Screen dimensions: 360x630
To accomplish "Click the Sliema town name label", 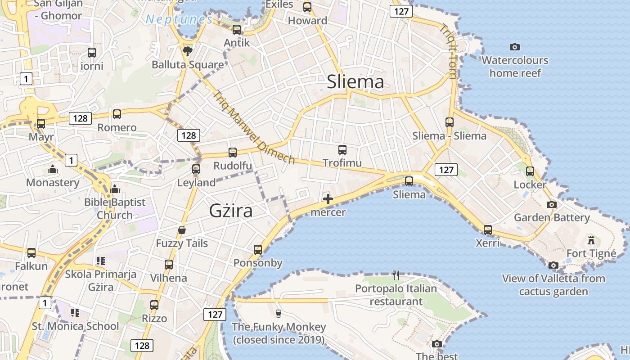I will [x=355, y=82].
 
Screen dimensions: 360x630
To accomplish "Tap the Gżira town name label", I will [x=231, y=211].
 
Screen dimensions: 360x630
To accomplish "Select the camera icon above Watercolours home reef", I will [x=515, y=47].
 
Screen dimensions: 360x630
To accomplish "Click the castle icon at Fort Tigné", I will [x=591, y=239].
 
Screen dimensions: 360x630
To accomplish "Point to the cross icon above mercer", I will [x=328, y=199].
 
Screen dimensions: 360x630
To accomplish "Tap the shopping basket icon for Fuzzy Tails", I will [x=182, y=230].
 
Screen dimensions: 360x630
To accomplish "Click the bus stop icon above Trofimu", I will [x=342, y=149].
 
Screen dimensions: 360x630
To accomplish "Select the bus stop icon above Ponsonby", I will [x=258, y=249].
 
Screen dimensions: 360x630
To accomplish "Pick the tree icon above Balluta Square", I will [x=188, y=51].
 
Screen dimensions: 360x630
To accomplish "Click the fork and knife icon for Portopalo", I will [x=396, y=275].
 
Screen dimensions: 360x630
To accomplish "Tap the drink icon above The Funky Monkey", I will [x=279, y=313].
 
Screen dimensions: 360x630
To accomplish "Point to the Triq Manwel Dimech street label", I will [x=254, y=128].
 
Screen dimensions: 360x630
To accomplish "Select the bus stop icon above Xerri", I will [x=488, y=229].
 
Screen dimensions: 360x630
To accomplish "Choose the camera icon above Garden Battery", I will [x=551, y=204].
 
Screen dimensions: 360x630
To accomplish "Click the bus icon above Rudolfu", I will [x=232, y=152].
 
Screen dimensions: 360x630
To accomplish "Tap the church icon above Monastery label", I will [x=53, y=170].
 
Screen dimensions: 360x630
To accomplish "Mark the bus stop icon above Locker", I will [x=530, y=171].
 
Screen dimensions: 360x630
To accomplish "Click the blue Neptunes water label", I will [x=179, y=19].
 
